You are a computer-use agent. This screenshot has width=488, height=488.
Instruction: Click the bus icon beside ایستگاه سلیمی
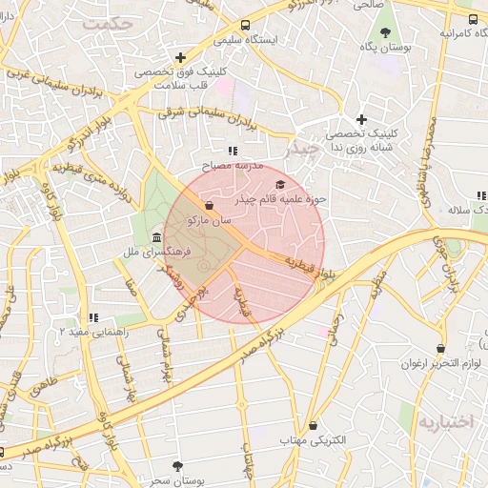[x=246, y=26]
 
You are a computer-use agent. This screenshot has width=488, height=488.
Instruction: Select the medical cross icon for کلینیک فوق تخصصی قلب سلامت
[x=180, y=57]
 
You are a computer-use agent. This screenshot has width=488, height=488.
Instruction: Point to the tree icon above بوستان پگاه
[x=385, y=31]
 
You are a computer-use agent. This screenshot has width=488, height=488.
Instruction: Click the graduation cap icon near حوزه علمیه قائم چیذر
[x=279, y=184]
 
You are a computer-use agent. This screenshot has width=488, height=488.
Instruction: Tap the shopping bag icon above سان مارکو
[x=209, y=205]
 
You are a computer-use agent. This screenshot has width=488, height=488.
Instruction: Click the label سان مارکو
[x=211, y=220]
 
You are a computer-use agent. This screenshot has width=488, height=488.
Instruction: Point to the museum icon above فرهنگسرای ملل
[x=156, y=236]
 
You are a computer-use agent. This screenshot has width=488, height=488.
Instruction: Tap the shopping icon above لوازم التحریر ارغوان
[x=439, y=349]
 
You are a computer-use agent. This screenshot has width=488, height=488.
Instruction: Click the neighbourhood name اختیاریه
[x=446, y=422]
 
